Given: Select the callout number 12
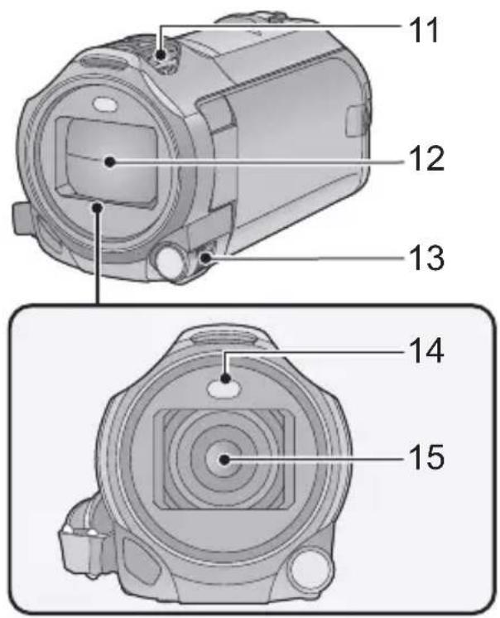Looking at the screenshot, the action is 427,158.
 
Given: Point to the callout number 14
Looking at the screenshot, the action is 427,350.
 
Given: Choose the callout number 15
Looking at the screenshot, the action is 427,456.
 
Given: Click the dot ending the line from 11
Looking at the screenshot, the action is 161,56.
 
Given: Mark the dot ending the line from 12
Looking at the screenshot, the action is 110,162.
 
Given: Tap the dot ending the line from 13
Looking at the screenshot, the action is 206,258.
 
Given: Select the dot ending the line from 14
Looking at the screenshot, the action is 225,379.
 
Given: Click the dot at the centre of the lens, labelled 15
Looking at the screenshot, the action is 224,459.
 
